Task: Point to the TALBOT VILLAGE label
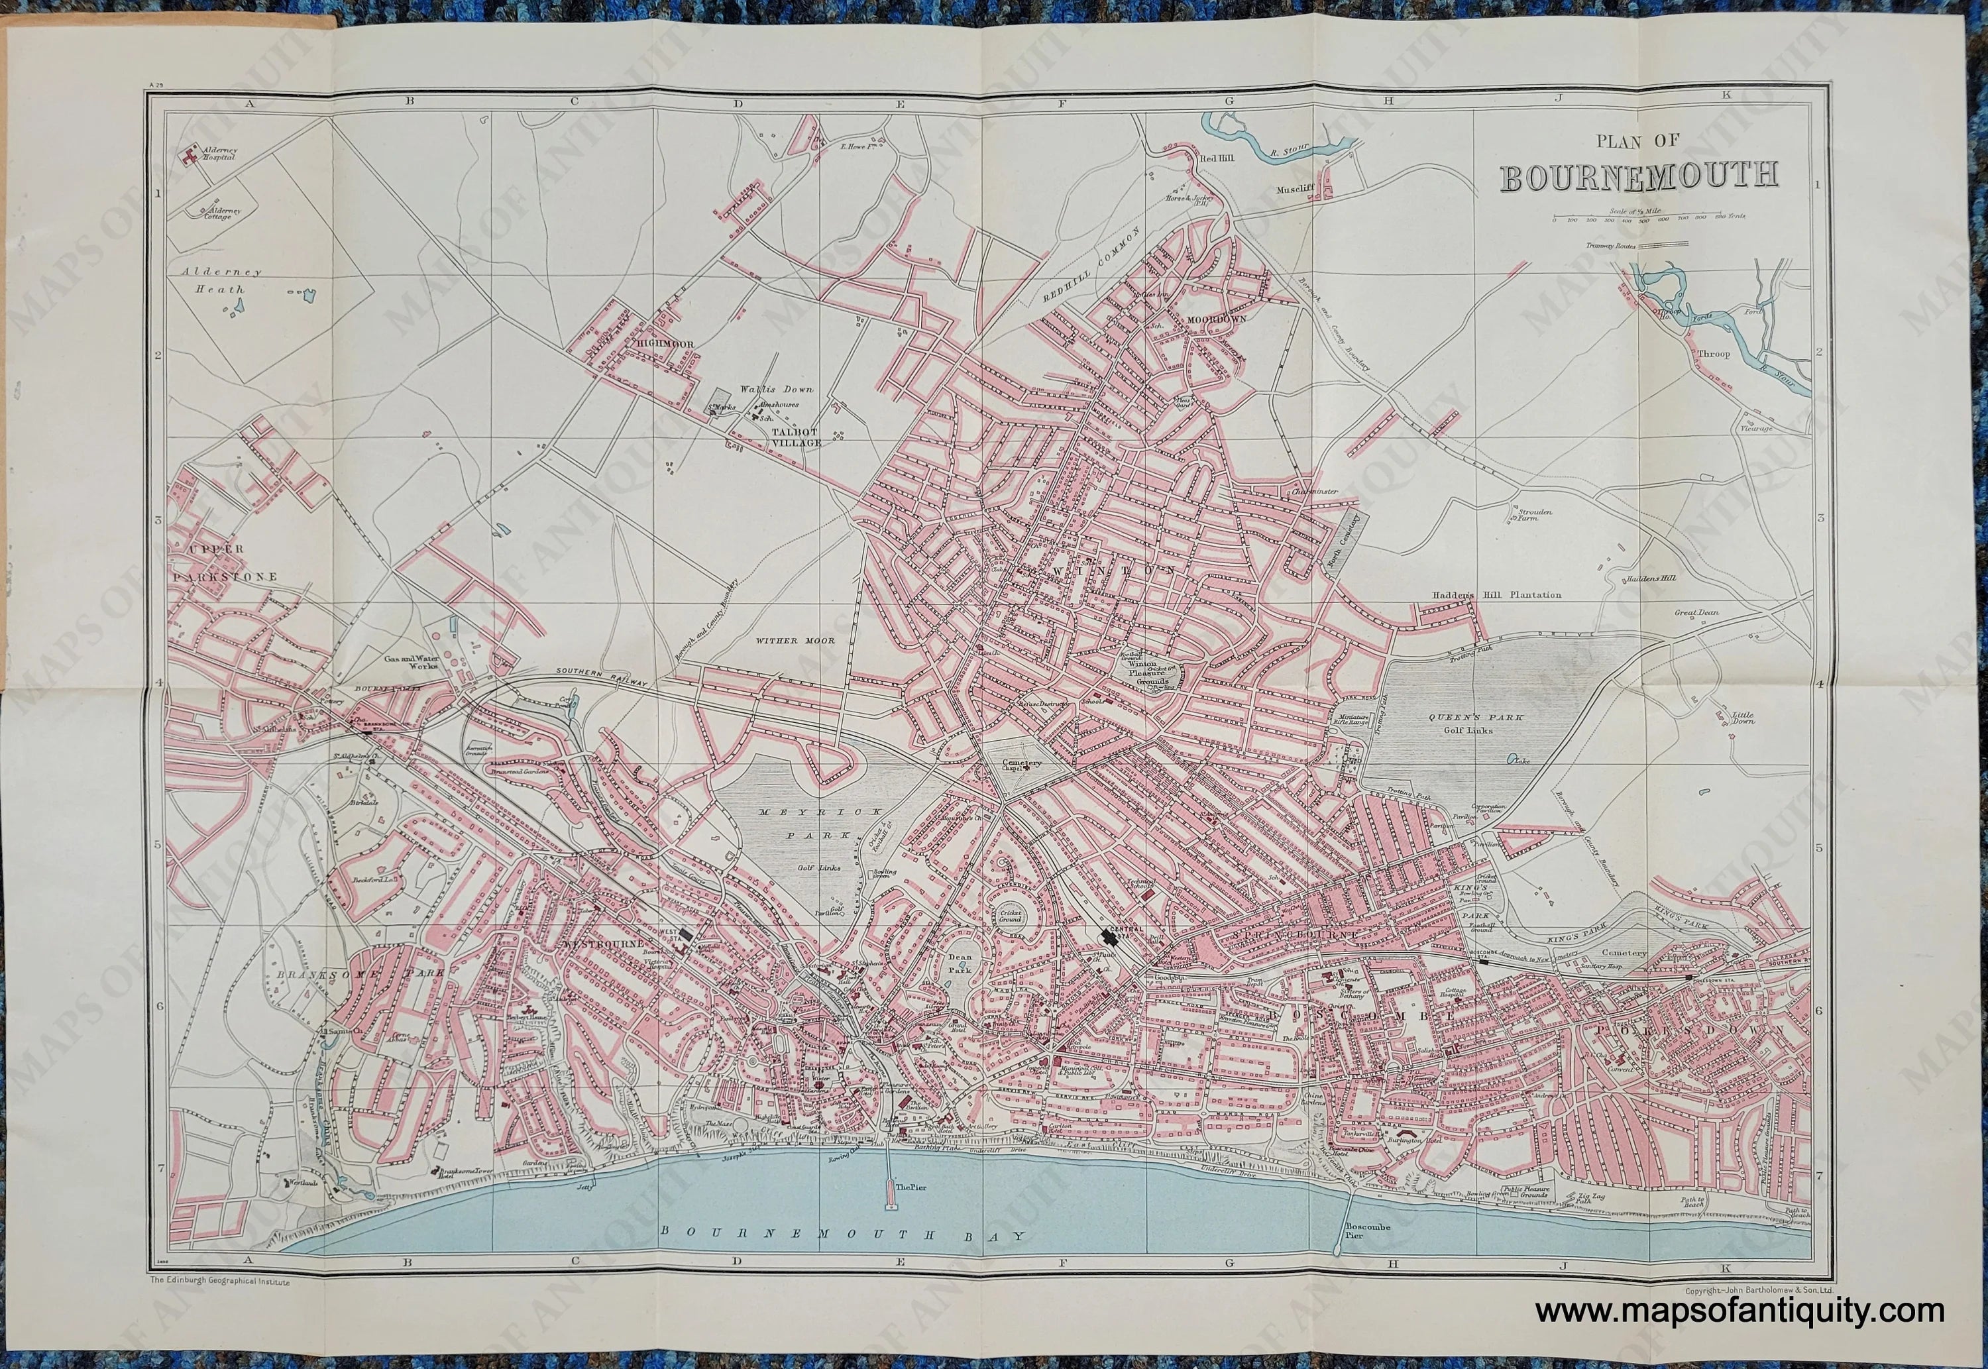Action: point(797,437)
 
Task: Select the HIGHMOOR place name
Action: point(665,344)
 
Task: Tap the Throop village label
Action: point(1714,353)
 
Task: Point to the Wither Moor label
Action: point(795,640)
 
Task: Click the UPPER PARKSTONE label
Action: point(221,563)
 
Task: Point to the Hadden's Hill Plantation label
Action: point(1495,594)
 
